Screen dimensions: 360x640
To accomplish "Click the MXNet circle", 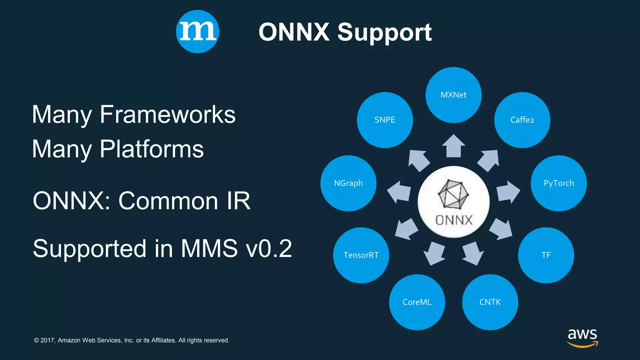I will click(x=453, y=95).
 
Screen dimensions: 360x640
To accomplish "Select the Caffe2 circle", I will click(x=522, y=120).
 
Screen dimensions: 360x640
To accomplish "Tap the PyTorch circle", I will click(x=559, y=183).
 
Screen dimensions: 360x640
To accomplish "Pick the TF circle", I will click(x=546, y=255).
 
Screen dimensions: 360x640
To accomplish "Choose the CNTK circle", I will click(x=490, y=302).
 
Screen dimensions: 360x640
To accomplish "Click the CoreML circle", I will click(x=417, y=302).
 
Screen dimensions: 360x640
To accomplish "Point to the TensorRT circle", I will click(x=361, y=255).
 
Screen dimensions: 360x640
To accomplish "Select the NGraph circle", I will click(x=348, y=183).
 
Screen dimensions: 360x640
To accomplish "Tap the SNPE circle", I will click(x=385, y=120).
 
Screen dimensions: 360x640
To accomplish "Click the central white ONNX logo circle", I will click(x=453, y=202).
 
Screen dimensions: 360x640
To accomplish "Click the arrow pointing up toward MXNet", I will click(x=453, y=146).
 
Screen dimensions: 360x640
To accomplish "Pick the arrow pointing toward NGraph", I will click(x=399, y=192).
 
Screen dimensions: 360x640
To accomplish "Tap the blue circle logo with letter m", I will click(x=197, y=32).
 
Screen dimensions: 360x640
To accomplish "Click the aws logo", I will click(x=582, y=337).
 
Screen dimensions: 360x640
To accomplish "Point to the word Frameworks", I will click(x=167, y=115).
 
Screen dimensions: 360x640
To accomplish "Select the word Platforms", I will click(x=152, y=149).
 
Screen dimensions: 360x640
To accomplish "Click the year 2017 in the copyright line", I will click(x=47, y=340).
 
